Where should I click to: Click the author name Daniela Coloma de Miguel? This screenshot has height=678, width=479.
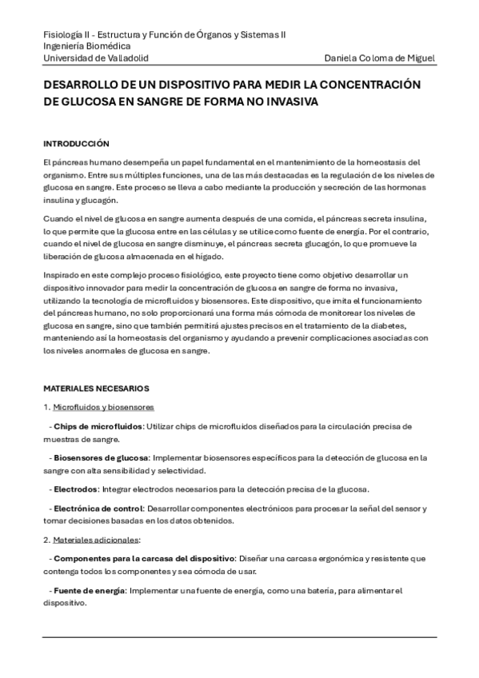pyautogui.click(x=381, y=58)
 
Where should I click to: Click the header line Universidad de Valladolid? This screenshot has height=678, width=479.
pyautogui.click(x=95, y=58)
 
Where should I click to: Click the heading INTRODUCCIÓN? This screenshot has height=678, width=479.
pyautogui.click(x=76, y=144)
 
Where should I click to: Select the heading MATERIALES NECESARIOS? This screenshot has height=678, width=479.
pyautogui.click(x=96, y=389)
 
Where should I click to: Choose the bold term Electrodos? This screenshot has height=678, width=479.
pyautogui.click(x=76, y=488)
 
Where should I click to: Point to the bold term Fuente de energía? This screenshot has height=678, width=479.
pyautogui.click(x=89, y=590)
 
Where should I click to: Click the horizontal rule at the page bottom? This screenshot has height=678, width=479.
pyautogui.click(x=240, y=636)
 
